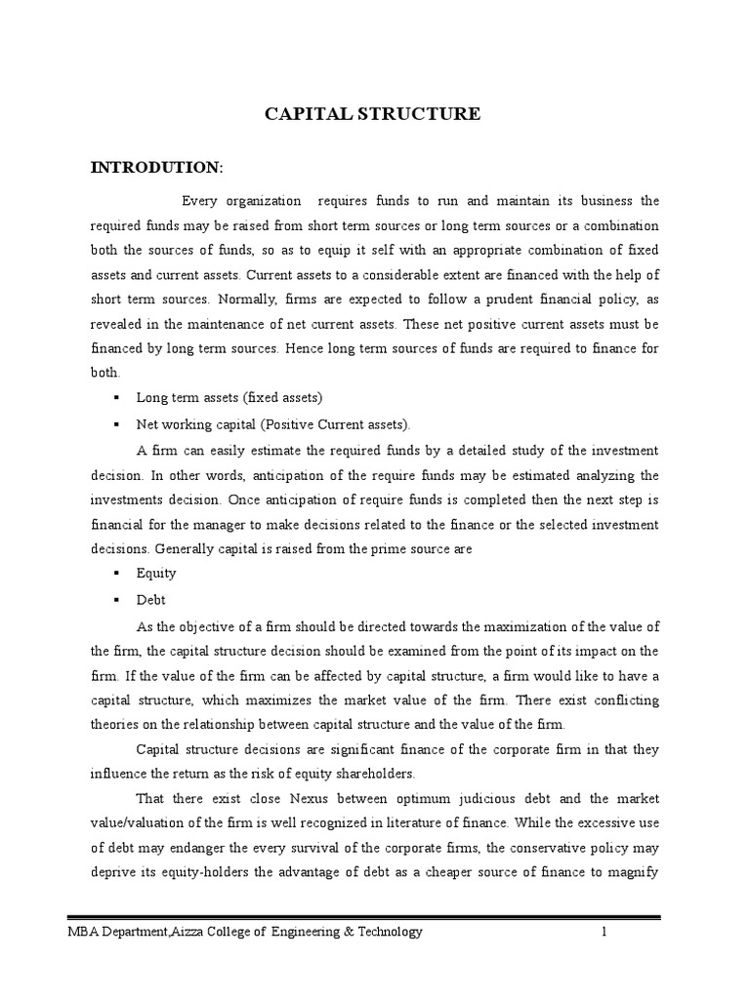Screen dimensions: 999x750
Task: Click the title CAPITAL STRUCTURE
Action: click(x=374, y=114)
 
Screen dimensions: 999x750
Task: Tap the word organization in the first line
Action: click(x=265, y=201)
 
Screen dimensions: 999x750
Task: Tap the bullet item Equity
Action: click(x=156, y=574)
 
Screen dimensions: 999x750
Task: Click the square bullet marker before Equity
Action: click(x=116, y=574)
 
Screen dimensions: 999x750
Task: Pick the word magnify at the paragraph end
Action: click(x=633, y=874)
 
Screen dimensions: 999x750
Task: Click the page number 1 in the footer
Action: click(x=604, y=932)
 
